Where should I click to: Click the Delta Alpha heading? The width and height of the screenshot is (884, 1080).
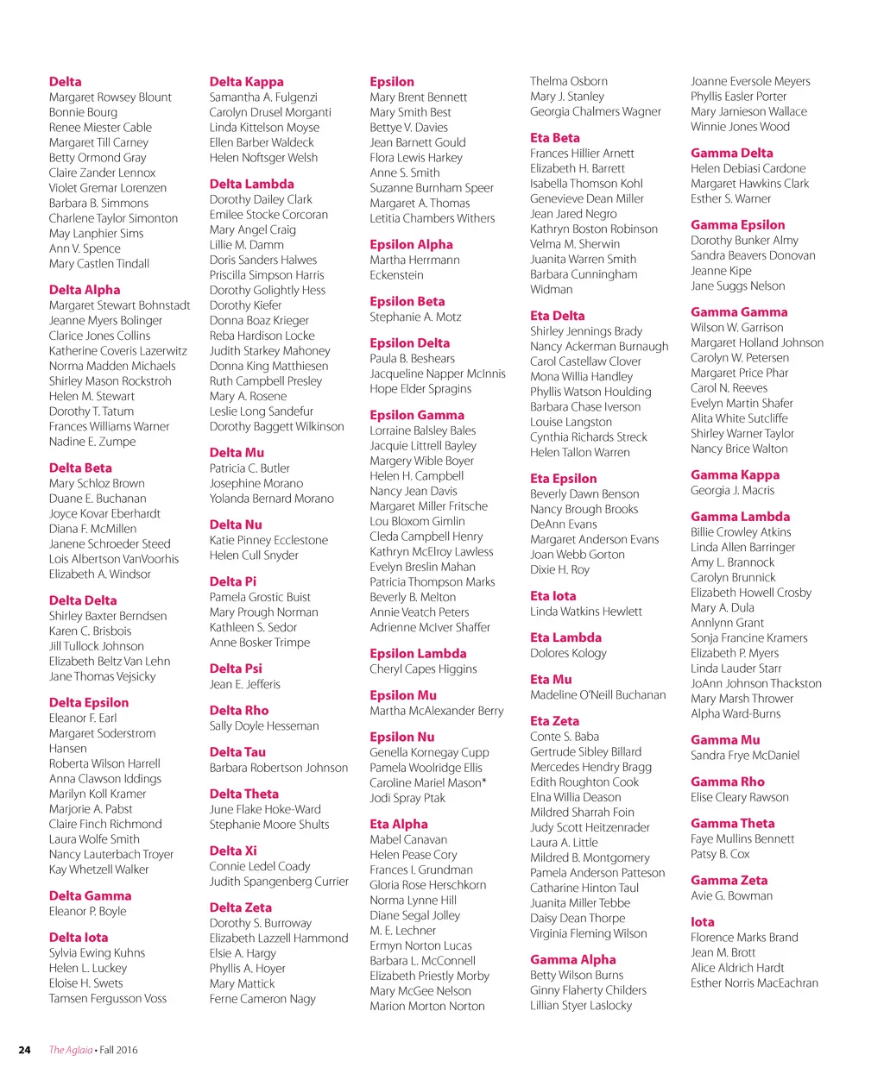pyautogui.click(x=85, y=290)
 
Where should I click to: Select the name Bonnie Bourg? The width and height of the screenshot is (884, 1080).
pyautogui.click(x=83, y=112)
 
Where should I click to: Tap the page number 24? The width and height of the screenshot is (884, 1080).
pyautogui.click(x=24, y=1050)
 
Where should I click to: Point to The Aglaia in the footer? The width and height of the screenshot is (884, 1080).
pyautogui.click(x=70, y=1050)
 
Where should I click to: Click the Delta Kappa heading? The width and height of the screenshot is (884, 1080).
pyautogui.click(x=246, y=82)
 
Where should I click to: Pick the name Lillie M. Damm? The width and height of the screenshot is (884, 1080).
pyautogui.click(x=246, y=245)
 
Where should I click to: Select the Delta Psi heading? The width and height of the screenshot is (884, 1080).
pyautogui.click(x=236, y=669)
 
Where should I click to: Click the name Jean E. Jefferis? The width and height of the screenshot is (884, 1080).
pyautogui.click(x=244, y=684)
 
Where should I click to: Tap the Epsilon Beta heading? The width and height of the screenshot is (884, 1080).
pyautogui.click(x=407, y=302)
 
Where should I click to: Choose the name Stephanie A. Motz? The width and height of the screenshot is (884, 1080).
pyautogui.click(x=415, y=317)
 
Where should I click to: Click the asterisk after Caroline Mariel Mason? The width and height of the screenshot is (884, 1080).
pyautogui.click(x=484, y=782)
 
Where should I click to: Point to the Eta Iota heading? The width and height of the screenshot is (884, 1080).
pyautogui.click(x=552, y=596)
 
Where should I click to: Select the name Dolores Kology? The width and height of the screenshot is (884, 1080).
pyautogui.click(x=568, y=653)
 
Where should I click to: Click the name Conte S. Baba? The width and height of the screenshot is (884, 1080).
pyautogui.click(x=564, y=737)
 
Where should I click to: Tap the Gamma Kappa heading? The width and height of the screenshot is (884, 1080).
pyautogui.click(x=735, y=475)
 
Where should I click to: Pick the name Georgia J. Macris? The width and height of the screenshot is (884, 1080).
pyautogui.click(x=732, y=490)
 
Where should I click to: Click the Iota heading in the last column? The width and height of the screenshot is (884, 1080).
pyautogui.click(x=702, y=922)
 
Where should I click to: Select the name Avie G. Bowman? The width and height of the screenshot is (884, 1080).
pyautogui.click(x=731, y=895)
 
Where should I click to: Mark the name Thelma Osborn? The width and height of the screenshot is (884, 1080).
pyautogui.click(x=568, y=81)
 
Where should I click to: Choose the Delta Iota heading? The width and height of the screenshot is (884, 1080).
pyautogui.click(x=79, y=938)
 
